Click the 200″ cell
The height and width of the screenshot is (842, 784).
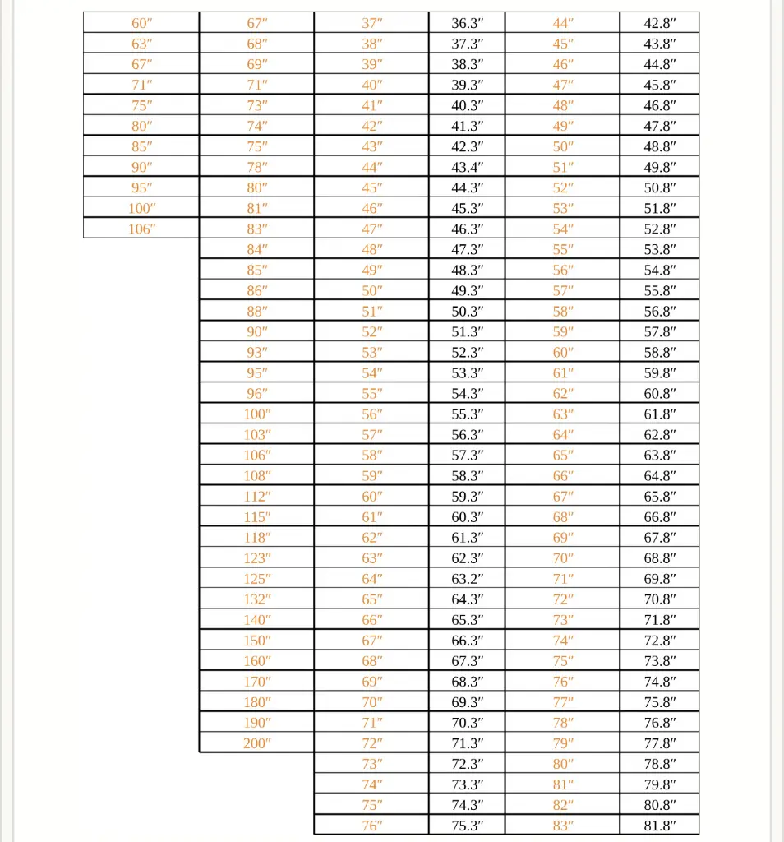[x=256, y=743]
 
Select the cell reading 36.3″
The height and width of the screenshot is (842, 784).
[x=468, y=23]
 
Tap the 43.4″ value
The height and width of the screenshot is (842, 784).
[x=468, y=167]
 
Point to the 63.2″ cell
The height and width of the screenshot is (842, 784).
[x=468, y=579]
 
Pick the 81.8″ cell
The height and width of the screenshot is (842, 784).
[x=660, y=826]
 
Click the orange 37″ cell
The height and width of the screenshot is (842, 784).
[x=372, y=23]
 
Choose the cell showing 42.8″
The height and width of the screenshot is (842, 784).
[x=660, y=23]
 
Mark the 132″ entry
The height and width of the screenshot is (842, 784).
[x=256, y=599]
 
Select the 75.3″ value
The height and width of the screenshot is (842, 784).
[x=468, y=826]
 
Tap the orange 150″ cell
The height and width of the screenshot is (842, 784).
[x=256, y=641]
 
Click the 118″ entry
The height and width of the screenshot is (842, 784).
[x=256, y=538]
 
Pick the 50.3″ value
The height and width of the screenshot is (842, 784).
[x=468, y=311]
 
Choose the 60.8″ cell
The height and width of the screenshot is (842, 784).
[x=660, y=394]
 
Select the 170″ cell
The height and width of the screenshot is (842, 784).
[x=256, y=682]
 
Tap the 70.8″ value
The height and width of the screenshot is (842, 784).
[x=660, y=599]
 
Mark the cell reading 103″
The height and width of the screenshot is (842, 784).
[x=256, y=435]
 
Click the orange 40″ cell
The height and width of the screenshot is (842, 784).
[x=372, y=85]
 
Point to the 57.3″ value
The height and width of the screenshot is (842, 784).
[x=468, y=456]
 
